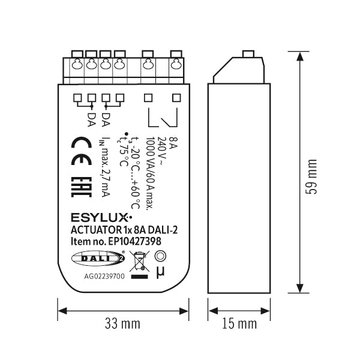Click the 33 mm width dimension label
pyautogui.click(x=122, y=323)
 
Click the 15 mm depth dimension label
pyautogui.click(x=239, y=323)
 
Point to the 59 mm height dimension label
pyautogui.click(x=311, y=176)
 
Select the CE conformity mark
pyautogui.click(x=81, y=151)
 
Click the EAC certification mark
pyautogui.click(x=81, y=187)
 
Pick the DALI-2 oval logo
pyautogui.click(x=98, y=258)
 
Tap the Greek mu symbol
pyautogui.click(x=160, y=272)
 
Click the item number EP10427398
pyautogui.click(x=134, y=241)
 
